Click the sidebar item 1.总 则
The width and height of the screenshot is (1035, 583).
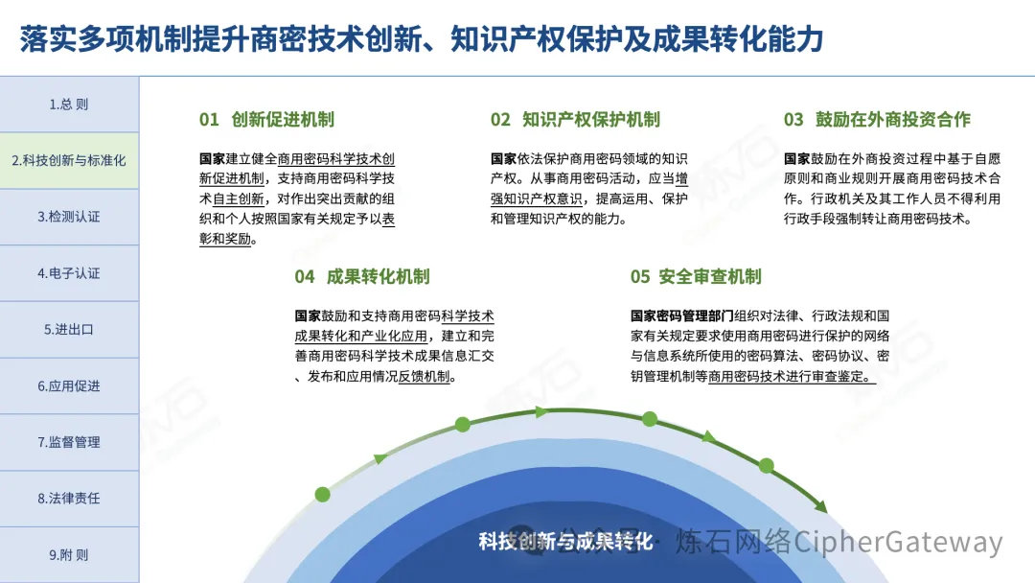[x=69, y=105]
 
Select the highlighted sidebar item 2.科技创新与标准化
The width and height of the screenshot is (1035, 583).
[x=69, y=160]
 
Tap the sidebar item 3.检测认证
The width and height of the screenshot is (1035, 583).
[x=69, y=217]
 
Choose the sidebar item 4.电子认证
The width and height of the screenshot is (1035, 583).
[x=69, y=273]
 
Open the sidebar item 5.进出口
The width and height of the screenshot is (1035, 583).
[x=69, y=330]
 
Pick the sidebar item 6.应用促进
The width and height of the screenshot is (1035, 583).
[x=69, y=386]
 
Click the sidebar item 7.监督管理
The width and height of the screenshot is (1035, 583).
[x=69, y=442]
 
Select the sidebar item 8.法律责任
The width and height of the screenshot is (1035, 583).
[x=69, y=499]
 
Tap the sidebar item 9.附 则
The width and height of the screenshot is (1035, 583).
[x=69, y=555]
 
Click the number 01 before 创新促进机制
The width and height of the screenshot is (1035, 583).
[x=209, y=120]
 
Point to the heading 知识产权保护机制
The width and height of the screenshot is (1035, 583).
[x=590, y=120]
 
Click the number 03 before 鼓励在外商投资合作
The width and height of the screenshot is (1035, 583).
[x=793, y=120]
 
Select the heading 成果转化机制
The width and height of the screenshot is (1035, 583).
[x=379, y=277]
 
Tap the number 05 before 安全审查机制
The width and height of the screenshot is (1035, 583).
[x=640, y=277]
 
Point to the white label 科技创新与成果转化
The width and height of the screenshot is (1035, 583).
[x=565, y=542]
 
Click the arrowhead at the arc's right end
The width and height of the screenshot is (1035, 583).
[x=821, y=506]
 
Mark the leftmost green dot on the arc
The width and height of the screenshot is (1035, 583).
[x=323, y=495]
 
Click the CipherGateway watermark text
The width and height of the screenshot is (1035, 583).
[x=898, y=542]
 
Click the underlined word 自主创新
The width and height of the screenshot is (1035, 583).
[x=239, y=198]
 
